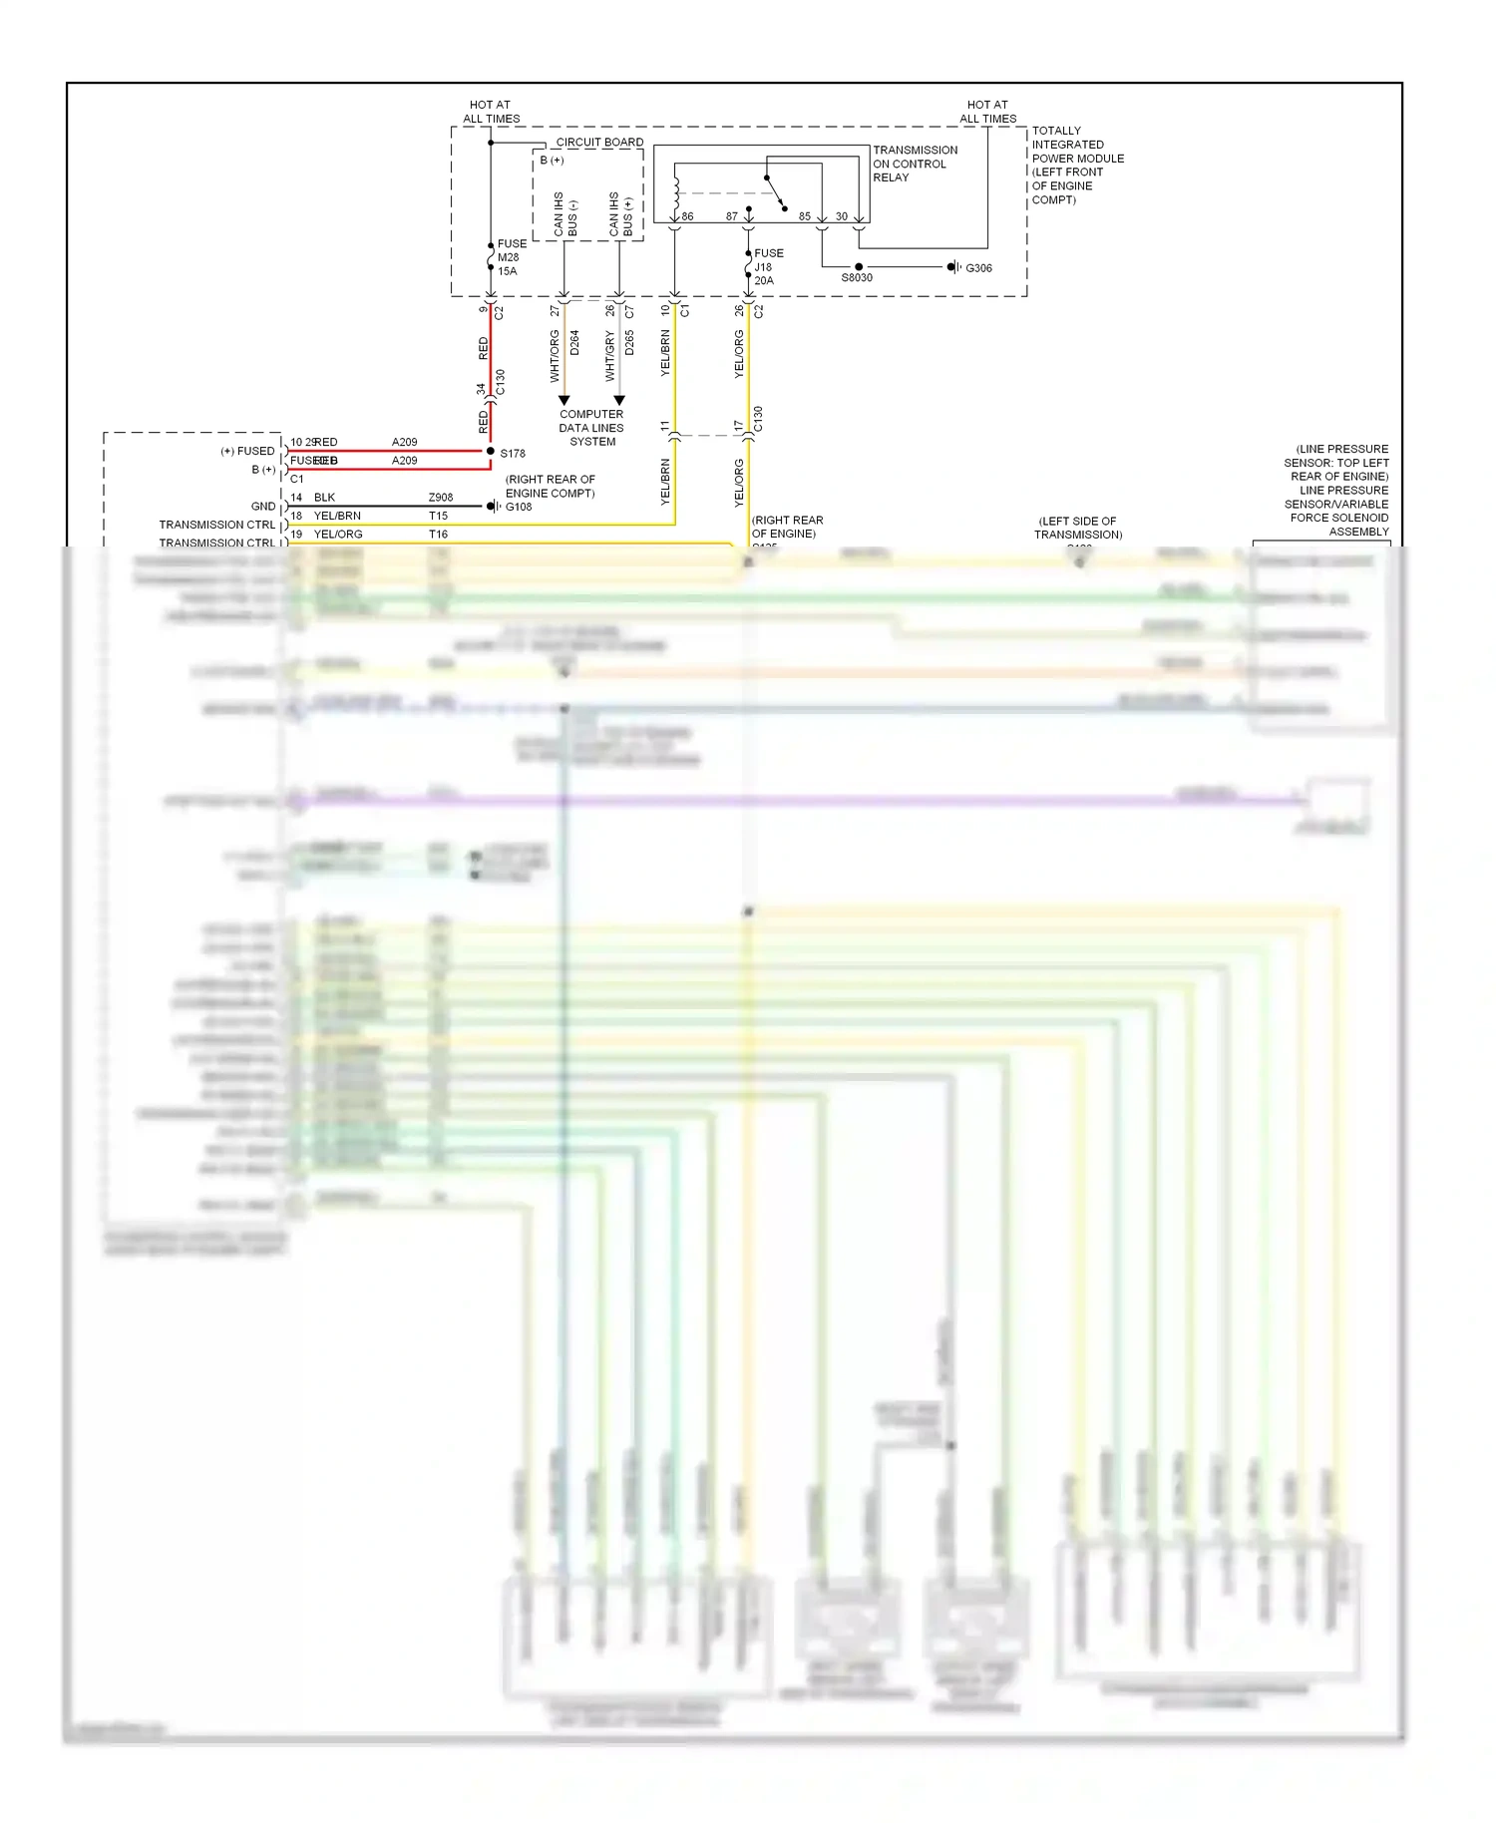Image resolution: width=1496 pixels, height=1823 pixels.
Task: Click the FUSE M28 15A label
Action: [511, 257]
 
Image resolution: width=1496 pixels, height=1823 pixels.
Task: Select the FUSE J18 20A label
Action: [768, 267]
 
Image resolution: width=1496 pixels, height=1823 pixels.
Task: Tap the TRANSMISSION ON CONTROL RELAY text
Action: [915, 164]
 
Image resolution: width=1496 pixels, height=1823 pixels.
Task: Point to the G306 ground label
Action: [978, 268]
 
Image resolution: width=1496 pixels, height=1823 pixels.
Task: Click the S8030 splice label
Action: [857, 278]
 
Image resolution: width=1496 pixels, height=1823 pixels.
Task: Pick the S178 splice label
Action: [513, 454]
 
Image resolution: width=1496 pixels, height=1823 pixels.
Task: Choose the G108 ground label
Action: [519, 507]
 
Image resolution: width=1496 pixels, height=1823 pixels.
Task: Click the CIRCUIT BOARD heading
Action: [599, 143]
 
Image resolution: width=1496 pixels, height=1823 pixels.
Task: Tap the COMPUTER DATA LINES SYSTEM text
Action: [591, 428]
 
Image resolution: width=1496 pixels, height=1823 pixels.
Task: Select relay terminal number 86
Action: [687, 216]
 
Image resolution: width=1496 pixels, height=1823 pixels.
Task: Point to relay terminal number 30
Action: [842, 216]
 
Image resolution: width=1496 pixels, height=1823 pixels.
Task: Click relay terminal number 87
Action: [732, 216]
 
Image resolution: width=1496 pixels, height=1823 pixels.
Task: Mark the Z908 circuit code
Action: [441, 498]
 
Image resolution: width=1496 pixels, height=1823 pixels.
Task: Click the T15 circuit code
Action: [438, 517]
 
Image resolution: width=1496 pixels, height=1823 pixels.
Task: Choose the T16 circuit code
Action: [438, 535]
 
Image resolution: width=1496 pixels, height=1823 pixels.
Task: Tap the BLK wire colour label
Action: [324, 498]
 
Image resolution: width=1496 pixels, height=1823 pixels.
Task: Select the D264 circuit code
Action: [574, 343]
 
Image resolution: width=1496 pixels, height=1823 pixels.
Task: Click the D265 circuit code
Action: [629, 343]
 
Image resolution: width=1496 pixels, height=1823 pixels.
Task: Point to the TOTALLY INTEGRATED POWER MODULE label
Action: [1077, 166]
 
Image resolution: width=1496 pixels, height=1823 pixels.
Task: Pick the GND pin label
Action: [263, 507]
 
